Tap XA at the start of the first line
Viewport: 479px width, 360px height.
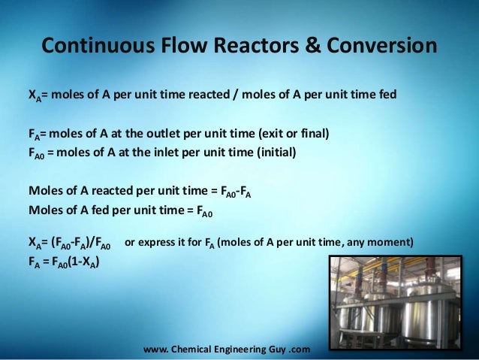35,95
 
